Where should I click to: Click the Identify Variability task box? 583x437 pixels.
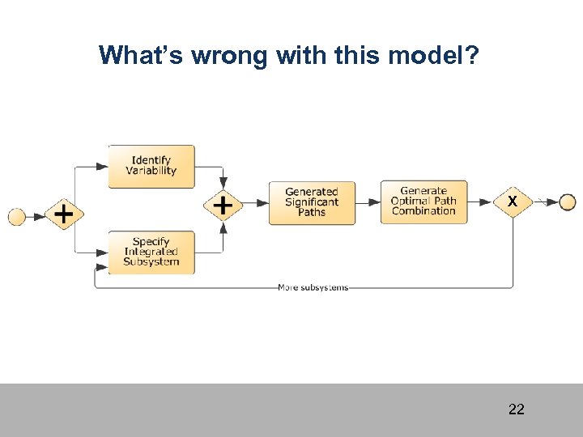(151, 166)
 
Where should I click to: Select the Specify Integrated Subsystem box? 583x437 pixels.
(151, 252)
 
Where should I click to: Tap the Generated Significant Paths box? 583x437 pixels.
(312, 202)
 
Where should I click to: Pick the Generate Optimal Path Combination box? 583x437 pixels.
(423, 202)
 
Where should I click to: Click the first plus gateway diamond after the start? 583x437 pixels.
(64, 215)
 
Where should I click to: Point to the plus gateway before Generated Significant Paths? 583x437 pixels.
(223, 206)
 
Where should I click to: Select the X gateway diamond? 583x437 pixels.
(513, 201)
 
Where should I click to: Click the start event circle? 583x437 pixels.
(17, 216)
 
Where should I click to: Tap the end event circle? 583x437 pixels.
(567, 202)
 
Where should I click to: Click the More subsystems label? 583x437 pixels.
(313, 287)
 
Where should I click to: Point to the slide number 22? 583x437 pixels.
(516, 409)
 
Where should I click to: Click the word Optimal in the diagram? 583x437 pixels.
(411, 202)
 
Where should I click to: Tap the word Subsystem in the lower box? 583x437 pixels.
(151, 262)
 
